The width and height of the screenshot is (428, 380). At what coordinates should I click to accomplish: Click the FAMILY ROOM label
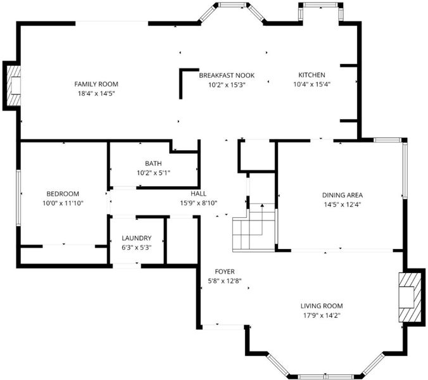click(x=96, y=84)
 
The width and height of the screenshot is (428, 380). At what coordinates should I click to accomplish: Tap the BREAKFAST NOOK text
click(x=227, y=75)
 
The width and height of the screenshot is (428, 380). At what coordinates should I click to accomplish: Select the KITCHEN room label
click(x=312, y=75)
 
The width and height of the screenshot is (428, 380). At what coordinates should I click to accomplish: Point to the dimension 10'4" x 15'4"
click(x=312, y=84)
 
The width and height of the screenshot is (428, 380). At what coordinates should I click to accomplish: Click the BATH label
click(x=153, y=163)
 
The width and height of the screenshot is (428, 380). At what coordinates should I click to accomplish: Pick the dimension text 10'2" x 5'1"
click(x=153, y=173)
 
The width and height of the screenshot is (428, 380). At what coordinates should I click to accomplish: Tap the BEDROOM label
click(x=63, y=194)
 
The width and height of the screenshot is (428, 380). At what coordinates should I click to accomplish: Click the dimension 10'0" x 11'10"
click(x=63, y=203)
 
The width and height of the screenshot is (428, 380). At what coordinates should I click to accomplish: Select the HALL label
click(x=198, y=194)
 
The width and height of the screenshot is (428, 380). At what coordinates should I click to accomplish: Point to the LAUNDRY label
click(x=137, y=238)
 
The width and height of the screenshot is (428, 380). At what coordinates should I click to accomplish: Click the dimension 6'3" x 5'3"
click(x=137, y=248)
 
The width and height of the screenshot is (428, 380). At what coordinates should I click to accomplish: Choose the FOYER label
click(x=225, y=272)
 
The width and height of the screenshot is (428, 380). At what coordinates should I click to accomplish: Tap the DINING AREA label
click(x=343, y=195)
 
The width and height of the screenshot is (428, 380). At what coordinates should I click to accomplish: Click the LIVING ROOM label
click(x=322, y=306)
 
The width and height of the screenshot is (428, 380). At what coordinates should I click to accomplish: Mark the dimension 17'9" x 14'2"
click(x=322, y=315)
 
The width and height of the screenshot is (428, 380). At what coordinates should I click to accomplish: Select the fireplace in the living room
click(x=410, y=297)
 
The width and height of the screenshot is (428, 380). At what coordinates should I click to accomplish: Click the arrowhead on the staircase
click(x=262, y=205)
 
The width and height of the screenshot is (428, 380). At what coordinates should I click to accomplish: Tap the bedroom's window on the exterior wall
click(x=18, y=198)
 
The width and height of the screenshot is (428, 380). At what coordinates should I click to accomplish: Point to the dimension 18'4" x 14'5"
click(x=96, y=94)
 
